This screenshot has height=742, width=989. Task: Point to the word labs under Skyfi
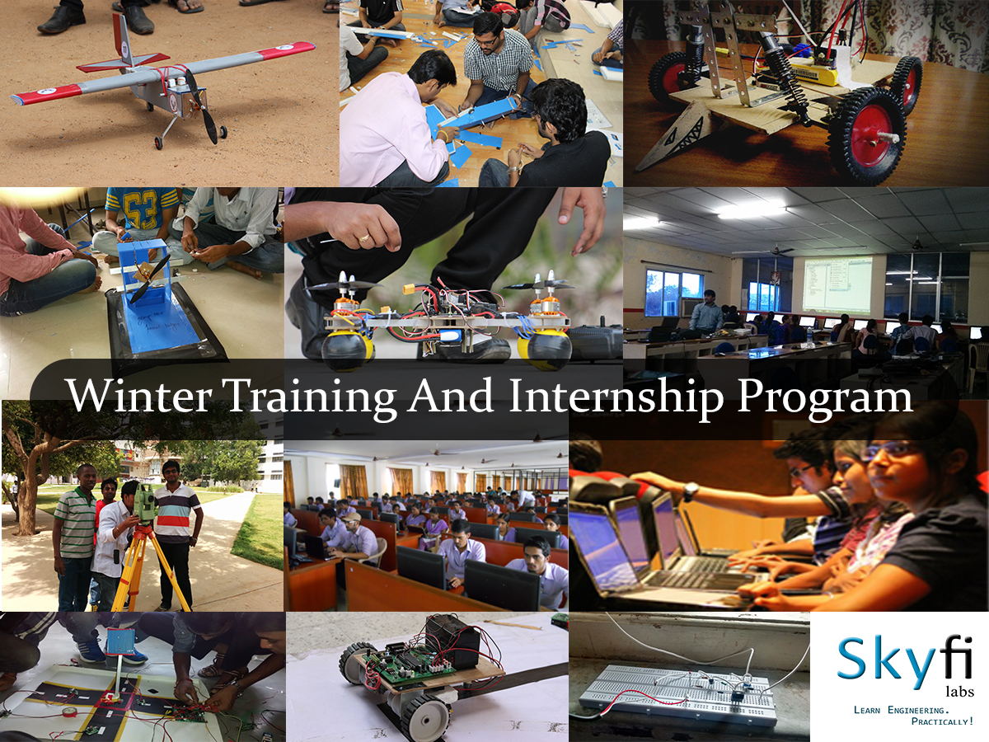[x=959, y=692]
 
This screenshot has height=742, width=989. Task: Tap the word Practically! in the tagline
[x=942, y=721]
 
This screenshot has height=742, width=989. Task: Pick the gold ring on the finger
[x=364, y=237]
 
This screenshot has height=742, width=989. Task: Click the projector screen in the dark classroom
[x=832, y=284]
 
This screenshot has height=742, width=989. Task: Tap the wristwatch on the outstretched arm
[x=689, y=491]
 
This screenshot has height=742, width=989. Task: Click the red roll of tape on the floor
[x=70, y=712]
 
